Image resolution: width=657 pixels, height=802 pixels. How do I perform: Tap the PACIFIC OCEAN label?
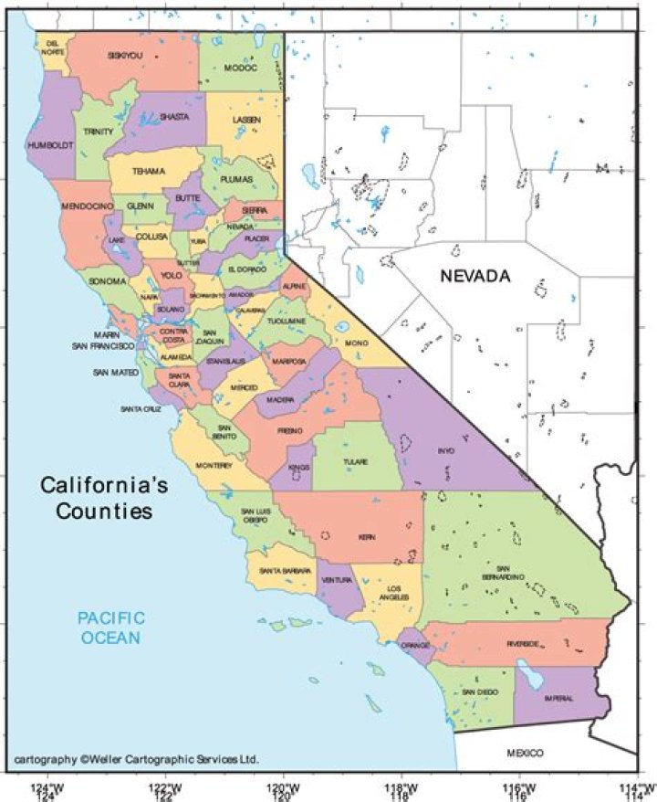(x=110, y=628)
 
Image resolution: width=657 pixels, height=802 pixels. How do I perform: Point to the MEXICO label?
(x=525, y=752)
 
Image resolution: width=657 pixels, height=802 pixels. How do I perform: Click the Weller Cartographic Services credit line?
(x=137, y=759)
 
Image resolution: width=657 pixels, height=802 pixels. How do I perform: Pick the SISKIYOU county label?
(x=125, y=56)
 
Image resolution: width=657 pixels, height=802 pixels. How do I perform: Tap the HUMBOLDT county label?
(x=49, y=145)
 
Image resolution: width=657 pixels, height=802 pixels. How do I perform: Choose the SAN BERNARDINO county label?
(x=504, y=572)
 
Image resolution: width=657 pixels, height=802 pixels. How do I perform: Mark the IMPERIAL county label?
(x=559, y=699)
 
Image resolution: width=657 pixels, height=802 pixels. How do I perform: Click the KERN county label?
(x=367, y=537)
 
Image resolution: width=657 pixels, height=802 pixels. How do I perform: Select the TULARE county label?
(x=356, y=462)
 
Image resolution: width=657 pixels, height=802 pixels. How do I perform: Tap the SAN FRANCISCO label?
(x=105, y=346)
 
